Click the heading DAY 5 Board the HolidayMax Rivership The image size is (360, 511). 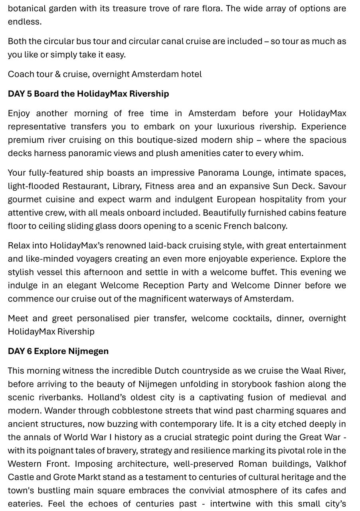tap(88, 94)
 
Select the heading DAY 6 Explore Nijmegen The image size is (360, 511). tap(58, 351)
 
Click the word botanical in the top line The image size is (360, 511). tap(27, 8)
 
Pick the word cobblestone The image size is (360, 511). tap(135, 411)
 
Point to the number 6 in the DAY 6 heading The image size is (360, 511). tap(29, 351)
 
